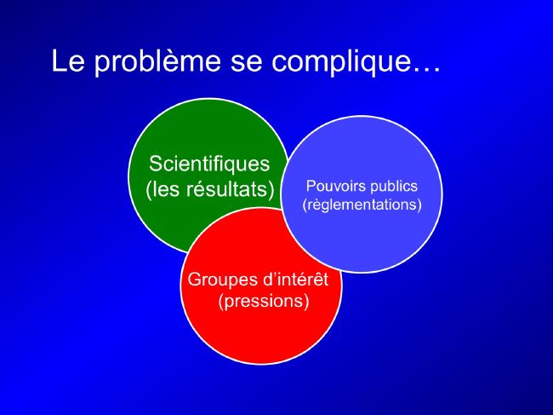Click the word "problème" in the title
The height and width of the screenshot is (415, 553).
coord(157,62)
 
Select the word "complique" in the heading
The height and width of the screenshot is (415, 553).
coord(341,62)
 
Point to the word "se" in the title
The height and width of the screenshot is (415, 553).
coord(246,64)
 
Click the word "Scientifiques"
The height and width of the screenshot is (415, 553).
coord(209,164)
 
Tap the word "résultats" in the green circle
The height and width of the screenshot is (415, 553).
coord(231,188)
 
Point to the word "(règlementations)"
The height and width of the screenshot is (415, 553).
coord(362,205)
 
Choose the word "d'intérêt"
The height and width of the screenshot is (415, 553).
coord(295,279)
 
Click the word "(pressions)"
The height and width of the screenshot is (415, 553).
coord(264,302)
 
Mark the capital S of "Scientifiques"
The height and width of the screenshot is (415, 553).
coord(156,164)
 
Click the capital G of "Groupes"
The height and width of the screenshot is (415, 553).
coord(195,279)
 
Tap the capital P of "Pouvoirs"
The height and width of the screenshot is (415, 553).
coord(311,186)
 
